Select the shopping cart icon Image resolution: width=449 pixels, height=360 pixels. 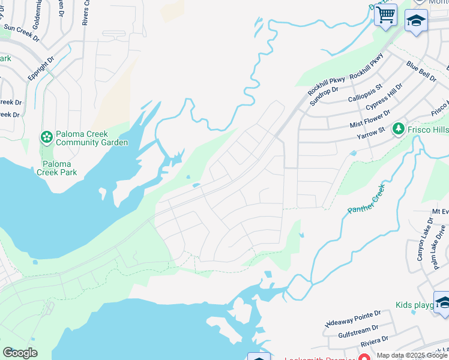385,14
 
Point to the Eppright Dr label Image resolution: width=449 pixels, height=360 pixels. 41,69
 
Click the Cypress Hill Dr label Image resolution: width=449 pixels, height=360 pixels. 384,97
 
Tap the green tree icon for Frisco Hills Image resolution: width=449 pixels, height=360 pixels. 397,128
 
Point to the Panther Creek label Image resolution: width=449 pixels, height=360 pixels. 366,199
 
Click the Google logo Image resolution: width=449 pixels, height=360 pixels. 20,353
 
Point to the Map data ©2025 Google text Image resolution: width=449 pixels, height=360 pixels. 411,355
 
